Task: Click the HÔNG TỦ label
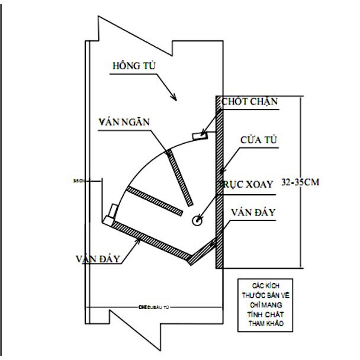(133, 65)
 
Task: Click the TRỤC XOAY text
(247, 185)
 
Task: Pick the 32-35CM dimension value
(300, 182)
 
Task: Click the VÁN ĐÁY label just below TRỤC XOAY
(253, 212)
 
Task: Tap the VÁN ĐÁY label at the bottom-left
(99, 259)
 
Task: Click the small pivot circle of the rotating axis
(197, 220)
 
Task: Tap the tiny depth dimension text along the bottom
(158, 307)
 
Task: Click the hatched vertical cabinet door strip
(219, 184)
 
